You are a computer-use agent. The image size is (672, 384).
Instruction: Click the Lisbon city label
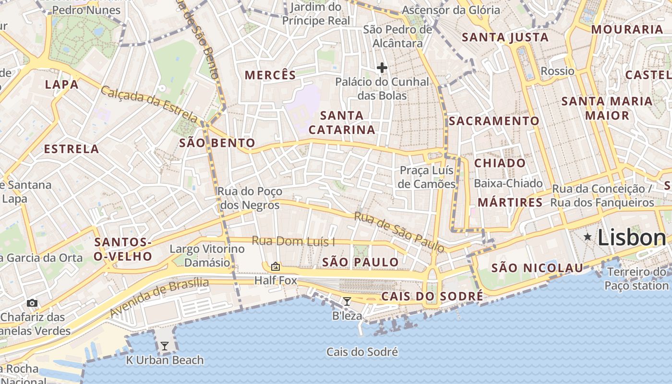pyautogui.click(x=632, y=238)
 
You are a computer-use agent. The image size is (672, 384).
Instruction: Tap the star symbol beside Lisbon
pyautogui.click(x=588, y=237)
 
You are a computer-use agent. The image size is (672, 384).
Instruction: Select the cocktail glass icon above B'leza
pyautogui.click(x=347, y=301)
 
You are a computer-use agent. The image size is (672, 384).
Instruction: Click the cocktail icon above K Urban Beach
pyautogui.click(x=165, y=346)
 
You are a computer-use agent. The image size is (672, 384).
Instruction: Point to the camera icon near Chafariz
pyautogui.click(x=32, y=303)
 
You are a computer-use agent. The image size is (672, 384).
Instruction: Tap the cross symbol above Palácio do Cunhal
pyautogui.click(x=382, y=68)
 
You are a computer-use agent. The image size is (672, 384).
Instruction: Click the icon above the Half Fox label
pyautogui.click(x=276, y=266)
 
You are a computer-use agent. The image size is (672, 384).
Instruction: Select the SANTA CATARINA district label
pyautogui.click(x=342, y=122)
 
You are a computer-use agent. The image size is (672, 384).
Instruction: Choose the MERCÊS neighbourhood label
pyautogui.click(x=271, y=75)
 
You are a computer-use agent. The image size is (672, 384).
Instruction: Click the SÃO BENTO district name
pyautogui.click(x=217, y=143)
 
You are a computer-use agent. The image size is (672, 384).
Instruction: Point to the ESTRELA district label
pyautogui.click(x=72, y=149)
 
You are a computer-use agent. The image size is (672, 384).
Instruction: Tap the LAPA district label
pyautogui.click(x=61, y=84)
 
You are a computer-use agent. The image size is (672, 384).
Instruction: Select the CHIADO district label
pyautogui.click(x=500, y=163)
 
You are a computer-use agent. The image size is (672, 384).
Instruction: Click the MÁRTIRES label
pyautogui.click(x=510, y=203)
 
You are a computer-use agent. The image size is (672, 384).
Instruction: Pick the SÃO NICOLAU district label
pyautogui.click(x=537, y=268)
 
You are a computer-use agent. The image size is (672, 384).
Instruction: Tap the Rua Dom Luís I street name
pyautogui.click(x=293, y=241)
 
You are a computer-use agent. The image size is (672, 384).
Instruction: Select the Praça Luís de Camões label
pyautogui.click(x=427, y=177)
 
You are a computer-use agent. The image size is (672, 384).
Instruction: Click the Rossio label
pyautogui.click(x=557, y=71)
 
